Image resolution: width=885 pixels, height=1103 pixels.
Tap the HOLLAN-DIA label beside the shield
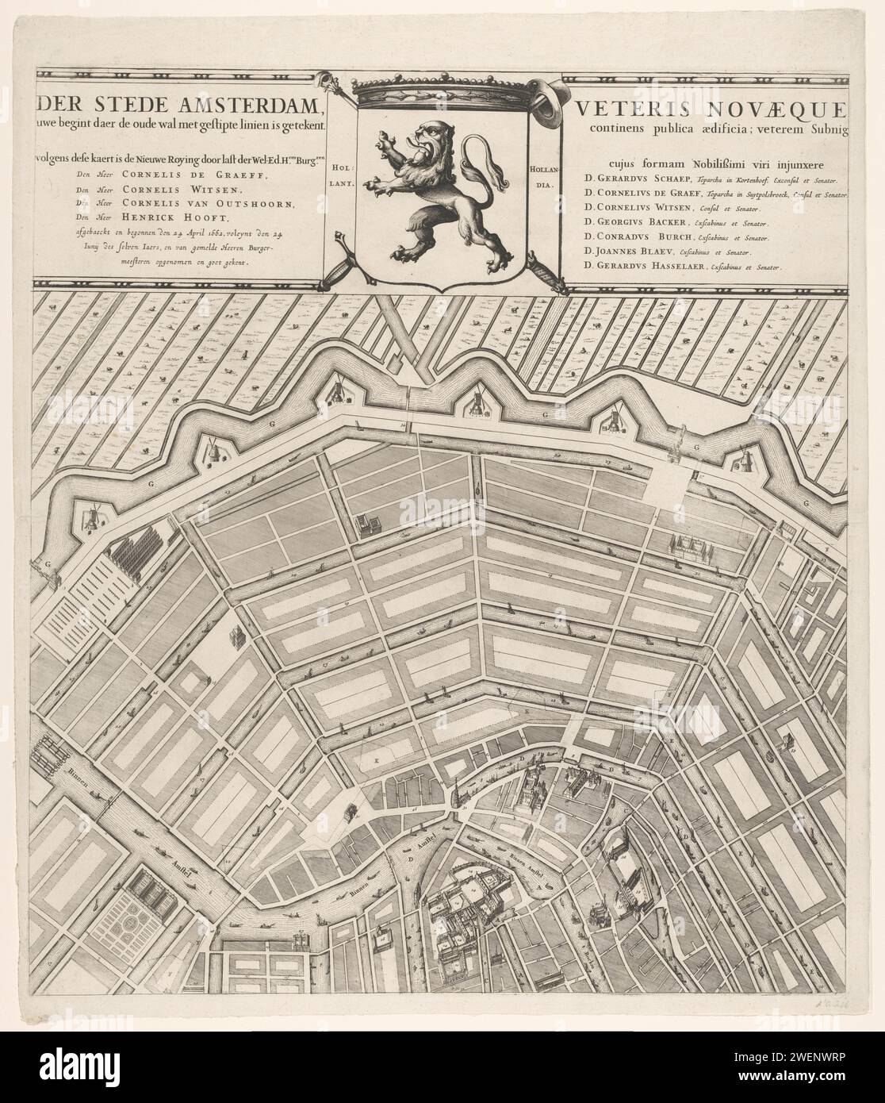tap(542, 177)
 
